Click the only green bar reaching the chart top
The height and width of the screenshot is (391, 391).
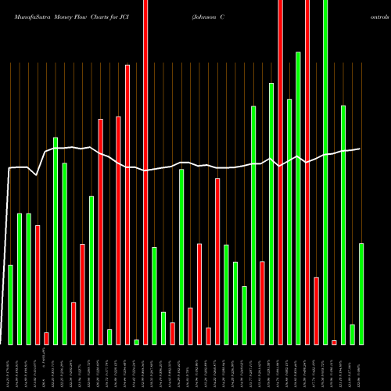tap(325, 172)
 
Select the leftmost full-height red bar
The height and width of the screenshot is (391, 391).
tap(145, 172)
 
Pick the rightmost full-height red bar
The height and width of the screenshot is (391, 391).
tap(307, 172)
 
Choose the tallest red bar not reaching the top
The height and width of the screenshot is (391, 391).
tap(127, 204)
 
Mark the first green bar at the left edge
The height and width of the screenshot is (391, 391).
tap(11, 305)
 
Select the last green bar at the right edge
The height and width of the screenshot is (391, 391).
tap(361, 294)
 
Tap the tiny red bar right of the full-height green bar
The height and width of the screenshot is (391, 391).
tap(334, 342)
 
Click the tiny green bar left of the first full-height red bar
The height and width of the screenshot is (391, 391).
tap(136, 342)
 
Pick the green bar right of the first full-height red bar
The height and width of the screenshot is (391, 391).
tap(154, 296)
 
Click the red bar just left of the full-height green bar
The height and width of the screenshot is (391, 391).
tap(316, 310)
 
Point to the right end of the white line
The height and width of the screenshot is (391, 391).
tap(360, 149)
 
